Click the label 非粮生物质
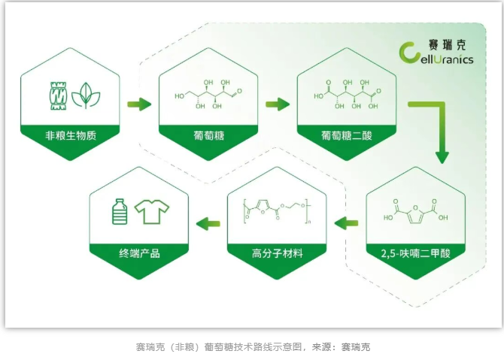(x=71, y=136)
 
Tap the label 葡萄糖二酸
(x=346, y=136)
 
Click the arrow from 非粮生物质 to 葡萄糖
(x=138, y=104)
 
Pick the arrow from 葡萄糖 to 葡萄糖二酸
(x=278, y=104)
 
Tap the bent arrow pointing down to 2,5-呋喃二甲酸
(x=436, y=128)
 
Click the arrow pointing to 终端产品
(x=208, y=222)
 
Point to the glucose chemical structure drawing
(x=208, y=95)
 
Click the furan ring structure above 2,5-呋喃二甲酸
(x=415, y=212)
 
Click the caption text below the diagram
(x=251, y=347)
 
